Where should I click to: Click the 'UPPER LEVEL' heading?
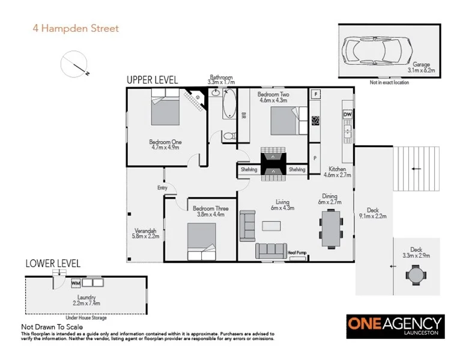pyautogui.click(x=152, y=80)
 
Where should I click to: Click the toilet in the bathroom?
pyautogui.click(x=228, y=137)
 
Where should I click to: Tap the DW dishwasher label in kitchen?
pyautogui.click(x=347, y=114)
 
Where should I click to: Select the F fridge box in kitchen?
pyautogui.click(x=316, y=94)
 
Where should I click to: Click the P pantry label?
pyautogui.click(x=315, y=158)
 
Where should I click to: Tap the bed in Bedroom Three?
pyautogui.click(x=201, y=239)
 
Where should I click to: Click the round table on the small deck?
pyautogui.click(x=415, y=275)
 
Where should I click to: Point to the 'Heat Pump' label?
pyautogui.click(x=297, y=253)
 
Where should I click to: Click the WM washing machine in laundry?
pyautogui.click(x=76, y=283)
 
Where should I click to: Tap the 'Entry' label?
pyautogui.click(x=162, y=188)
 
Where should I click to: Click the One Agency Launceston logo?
pyautogui.click(x=395, y=325)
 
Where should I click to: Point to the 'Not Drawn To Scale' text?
pyautogui.click(x=50, y=326)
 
